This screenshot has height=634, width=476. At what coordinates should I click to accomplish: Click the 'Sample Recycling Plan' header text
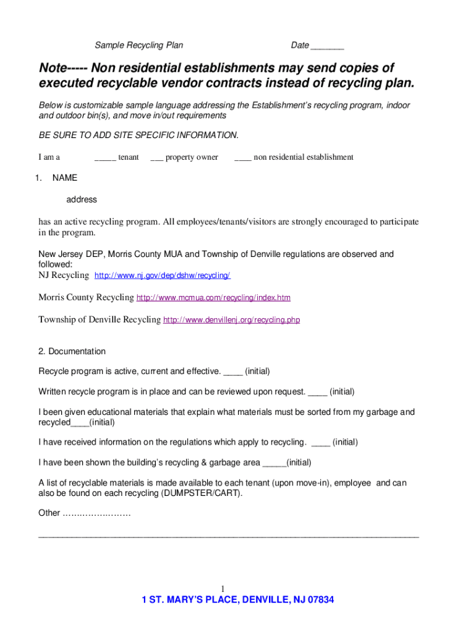coord(138,45)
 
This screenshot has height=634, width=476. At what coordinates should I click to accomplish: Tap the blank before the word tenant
coord(105,158)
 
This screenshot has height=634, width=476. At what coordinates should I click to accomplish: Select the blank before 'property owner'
coord(156,158)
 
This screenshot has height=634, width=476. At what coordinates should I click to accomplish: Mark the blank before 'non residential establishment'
coord(242,158)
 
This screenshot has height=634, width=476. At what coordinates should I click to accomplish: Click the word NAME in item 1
coord(65,178)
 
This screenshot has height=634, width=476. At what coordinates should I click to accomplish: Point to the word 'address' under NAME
coord(82,199)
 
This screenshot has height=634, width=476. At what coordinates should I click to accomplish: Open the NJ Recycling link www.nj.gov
coord(162,276)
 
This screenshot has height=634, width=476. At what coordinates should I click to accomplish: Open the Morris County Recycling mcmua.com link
coord(213,298)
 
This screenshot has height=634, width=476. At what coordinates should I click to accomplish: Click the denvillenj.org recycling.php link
coord(231,320)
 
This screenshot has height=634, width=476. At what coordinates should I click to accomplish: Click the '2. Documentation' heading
coord(72,351)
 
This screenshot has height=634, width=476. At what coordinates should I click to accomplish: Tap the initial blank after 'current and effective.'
coord(232,372)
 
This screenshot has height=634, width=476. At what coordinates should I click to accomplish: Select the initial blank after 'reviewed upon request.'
coord(317,393)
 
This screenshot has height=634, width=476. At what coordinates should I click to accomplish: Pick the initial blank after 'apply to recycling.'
coord(321,443)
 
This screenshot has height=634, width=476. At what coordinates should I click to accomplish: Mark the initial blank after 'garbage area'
coord(274,463)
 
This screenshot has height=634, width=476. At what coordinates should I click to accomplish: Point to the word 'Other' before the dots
coord(49,513)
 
